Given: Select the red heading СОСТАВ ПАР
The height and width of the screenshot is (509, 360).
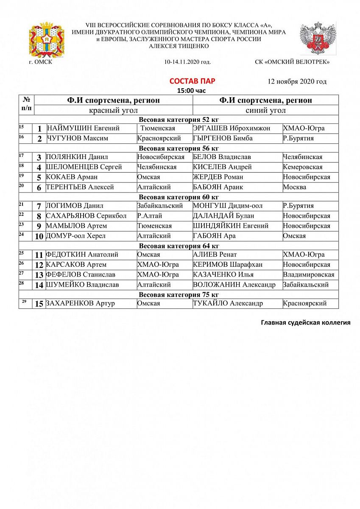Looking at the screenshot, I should pyautogui.click(x=189, y=81).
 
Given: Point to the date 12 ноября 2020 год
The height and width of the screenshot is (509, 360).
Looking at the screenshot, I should pyautogui.click(x=297, y=81).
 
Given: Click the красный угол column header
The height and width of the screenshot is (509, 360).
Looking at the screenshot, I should pyautogui.click(x=113, y=110).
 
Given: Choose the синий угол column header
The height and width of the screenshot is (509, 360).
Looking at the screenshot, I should pyautogui.click(x=265, y=110).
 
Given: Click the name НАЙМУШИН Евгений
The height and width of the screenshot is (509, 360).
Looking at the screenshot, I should pyautogui.click(x=83, y=128).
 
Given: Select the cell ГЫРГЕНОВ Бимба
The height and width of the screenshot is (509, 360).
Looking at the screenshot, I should pyautogui.click(x=223, y=138).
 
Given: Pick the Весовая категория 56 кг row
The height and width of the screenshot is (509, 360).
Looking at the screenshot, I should pyautogui.click(x=179, y=148).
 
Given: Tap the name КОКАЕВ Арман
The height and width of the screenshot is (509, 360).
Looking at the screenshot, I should pyautogui.click(x=72, y=177).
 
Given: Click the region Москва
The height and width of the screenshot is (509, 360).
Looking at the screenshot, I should pyautogui.click(x=294, y=187).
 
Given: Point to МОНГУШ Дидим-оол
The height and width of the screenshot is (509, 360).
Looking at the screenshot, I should pyautogui.click(x=227, y=206).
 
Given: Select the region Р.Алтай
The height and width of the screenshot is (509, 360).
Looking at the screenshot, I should pyautogui.click(x=150, y=216).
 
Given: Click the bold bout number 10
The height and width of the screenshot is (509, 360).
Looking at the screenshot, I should pyautogui.click(x=39, y=236).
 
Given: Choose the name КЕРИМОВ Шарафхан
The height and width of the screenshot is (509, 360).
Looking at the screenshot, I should pyautogui.click(x=227, y=265).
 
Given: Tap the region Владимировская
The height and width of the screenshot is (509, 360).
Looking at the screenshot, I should pyautogui.click(x=308, y=274).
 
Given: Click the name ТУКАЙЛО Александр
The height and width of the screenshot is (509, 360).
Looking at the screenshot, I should pyautogui.click(x=228, y=303).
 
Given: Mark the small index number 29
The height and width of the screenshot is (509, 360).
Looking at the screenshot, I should pyautogui.click(x=24, y=301).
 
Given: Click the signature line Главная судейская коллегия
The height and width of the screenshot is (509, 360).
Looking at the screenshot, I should pyautogui.click(x=305, y=323).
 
